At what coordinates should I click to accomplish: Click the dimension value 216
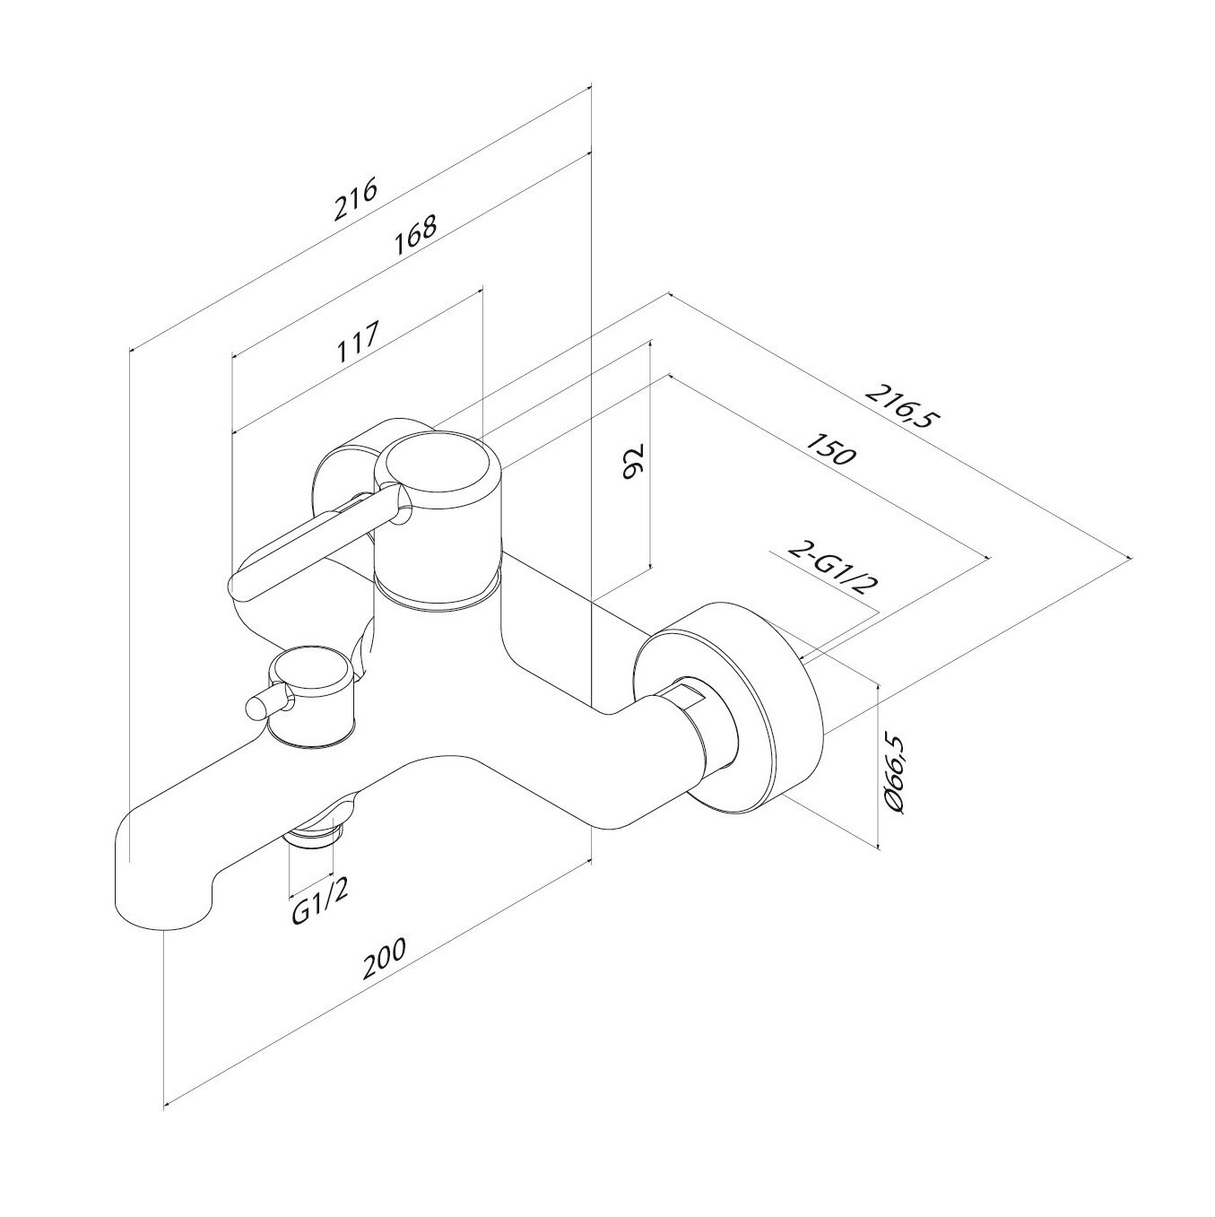(x=355, y=200)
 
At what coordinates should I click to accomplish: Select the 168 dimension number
(x=414, y=236)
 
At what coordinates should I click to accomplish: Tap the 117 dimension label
(x=357, y=342)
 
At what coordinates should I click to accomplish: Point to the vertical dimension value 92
(x=631, y=462)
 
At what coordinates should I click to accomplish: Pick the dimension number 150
(x=832, y=449)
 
